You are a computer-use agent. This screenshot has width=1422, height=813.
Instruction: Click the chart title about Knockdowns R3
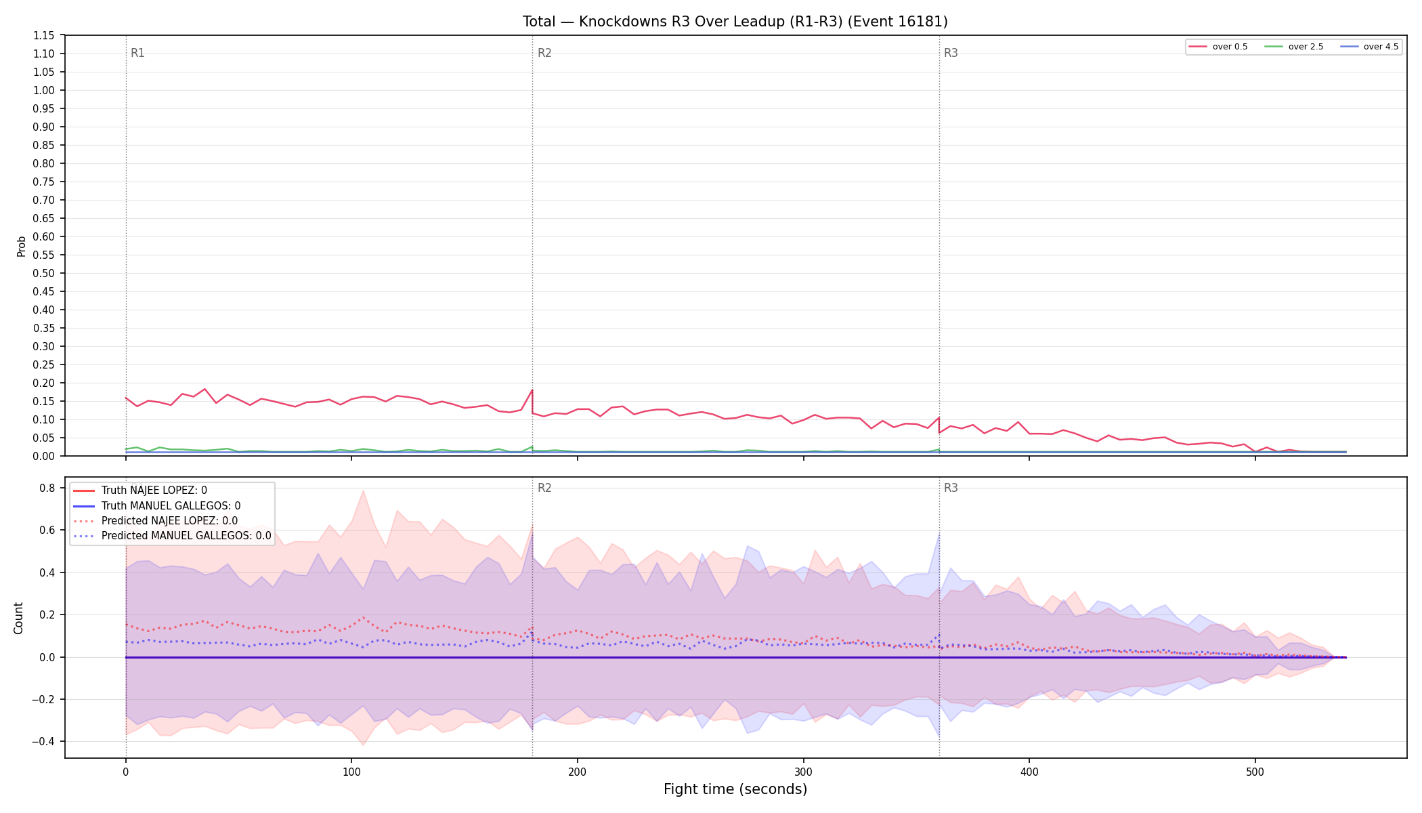point(735,22)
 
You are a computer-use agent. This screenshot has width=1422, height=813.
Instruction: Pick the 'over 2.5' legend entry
point(1293,47)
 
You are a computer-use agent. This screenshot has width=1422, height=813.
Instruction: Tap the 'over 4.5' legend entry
point(1369,47)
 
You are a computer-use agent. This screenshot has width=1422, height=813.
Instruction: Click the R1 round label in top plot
point(137,53)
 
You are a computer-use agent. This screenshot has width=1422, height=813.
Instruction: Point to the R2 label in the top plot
point(544,53)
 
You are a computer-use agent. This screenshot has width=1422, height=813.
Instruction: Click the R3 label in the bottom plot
point(951,488)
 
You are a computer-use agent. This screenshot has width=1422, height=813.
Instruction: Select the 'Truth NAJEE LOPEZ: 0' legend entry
point(139,491)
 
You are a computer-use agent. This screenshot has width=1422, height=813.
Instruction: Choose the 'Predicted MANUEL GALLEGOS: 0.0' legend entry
point(171,536)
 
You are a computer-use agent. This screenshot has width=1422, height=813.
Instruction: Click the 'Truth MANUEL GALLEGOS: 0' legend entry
point(156,505)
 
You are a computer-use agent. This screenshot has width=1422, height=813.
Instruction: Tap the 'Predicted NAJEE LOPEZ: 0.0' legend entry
point(155,521)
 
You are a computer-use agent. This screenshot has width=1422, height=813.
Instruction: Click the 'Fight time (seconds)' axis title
point(735,789)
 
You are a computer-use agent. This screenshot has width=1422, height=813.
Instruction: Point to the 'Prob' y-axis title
point(22,246)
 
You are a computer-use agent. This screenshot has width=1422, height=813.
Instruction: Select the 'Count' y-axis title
point(18,618)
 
